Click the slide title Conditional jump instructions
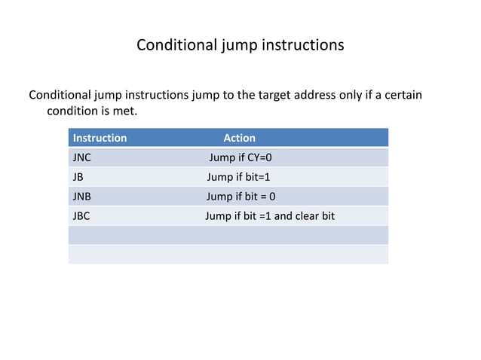[x=240, y=45]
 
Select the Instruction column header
[x=100, y=138]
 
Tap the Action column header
[x=239, y=138]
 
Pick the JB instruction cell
[x=78, y=177]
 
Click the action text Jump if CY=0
[x=240, y=157]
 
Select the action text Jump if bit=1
[x=237, y=177]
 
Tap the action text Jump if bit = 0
[x=240, y=197]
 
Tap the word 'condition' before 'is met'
[x=74, y=112]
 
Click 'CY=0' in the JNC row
[x=258, y=157]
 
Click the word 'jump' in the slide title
[x=238, y=45]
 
